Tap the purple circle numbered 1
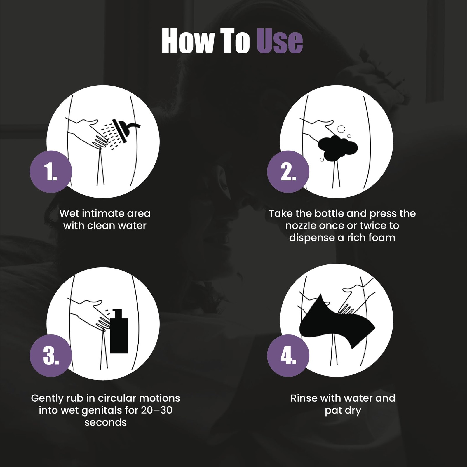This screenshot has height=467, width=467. pos(51,172)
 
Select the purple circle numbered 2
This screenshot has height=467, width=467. pos(288,172)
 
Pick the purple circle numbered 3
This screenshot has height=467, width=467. pos(51,356)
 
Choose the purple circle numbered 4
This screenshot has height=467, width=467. pos(288,356)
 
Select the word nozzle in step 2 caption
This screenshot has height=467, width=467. pos(301,226)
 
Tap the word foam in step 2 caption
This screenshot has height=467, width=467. pos(382,237)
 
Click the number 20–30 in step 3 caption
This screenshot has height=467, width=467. pos(157,410)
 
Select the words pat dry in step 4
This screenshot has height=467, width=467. pos(343,411)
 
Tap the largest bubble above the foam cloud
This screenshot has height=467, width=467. pos(341,129)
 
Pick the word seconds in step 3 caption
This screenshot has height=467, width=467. pos(105,422)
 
